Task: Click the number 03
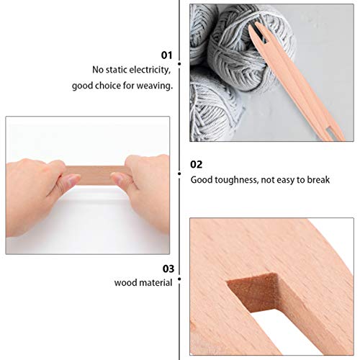coord(167,268)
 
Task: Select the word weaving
coord(156,86)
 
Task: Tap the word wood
coord(126,283)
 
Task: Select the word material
coord(157,283)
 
